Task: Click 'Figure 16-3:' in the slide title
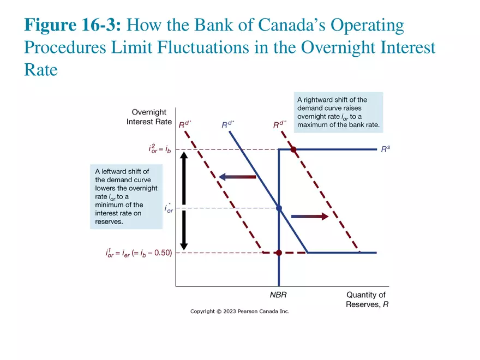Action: click(x=75, y=26)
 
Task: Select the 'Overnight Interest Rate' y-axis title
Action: click(x=149, y=117)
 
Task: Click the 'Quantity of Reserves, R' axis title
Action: click(x=367, y=299)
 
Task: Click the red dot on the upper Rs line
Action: click(x=293, y=149)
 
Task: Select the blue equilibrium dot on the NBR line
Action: click(x=279, y=208)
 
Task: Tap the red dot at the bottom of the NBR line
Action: click(x=279, y=253)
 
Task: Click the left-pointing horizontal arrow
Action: click(x=237, y=177)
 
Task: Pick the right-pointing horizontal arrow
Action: click(x=309, y=217)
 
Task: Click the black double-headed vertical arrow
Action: click(x=184, y=200)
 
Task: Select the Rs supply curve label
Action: click(x=386, y=148)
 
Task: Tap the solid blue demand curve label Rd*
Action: click(x=228, y=125)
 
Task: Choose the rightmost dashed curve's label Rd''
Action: click(x=280, y=125)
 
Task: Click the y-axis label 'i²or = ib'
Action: click(x=159, y=149)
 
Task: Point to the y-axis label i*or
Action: click(x=169, y=208)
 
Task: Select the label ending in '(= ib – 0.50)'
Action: click(x=139, y=253)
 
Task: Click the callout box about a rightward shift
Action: click(x=338, y=112)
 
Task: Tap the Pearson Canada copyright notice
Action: click(x=239, y=311)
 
